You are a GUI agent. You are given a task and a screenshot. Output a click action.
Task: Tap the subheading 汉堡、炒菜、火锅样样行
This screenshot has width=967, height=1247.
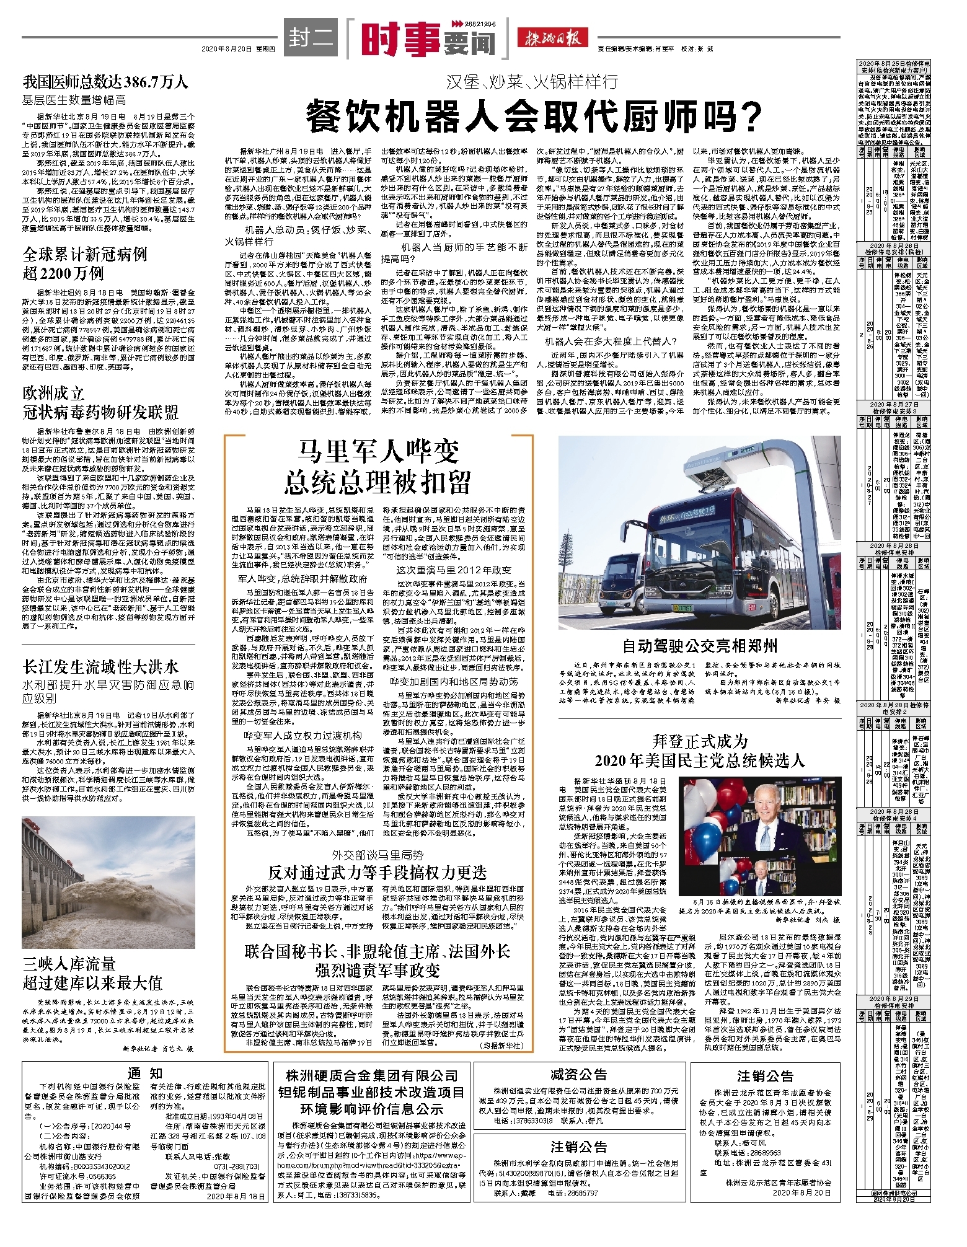pyautogui.click(x=533, y=81)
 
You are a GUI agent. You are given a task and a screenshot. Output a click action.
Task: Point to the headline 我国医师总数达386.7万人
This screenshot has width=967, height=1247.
pyautogui.click(x=105, y=82)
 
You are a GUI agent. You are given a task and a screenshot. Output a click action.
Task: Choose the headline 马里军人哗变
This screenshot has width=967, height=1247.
pyautogui.click(x=378, y=451)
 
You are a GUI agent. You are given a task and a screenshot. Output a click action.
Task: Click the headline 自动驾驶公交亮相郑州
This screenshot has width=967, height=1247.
pyautogui.click(x=700, y=646)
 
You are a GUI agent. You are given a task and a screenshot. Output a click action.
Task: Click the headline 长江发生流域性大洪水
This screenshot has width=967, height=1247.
pyautogui.click(x=101, y=667)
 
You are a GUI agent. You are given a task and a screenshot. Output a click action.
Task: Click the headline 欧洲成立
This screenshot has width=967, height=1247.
pyautogui.click(x=53, y=394)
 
